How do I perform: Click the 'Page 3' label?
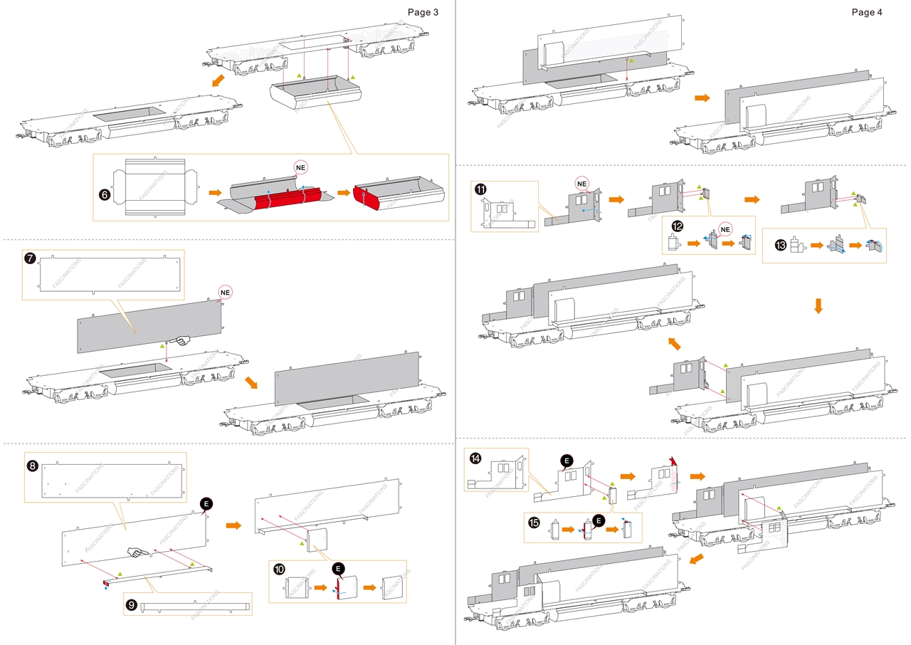(x=423, y=12)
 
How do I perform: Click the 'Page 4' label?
(x=866, y=12)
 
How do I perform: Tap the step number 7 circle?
(x=31, y=258)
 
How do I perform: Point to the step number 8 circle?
(x=33, y=466)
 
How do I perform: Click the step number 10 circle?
(x=279, y=570)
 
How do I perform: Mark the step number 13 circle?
(x=781, y=245)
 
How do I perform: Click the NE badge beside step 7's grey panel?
(x=225, y=292)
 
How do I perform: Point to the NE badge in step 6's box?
(x=302, y=167)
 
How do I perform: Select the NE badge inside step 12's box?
(x=725, y=229)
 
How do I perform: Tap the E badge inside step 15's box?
(x=599, y=521)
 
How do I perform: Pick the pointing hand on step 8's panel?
(x=137, y=551)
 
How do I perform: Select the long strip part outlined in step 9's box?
(x=196, y=607)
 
